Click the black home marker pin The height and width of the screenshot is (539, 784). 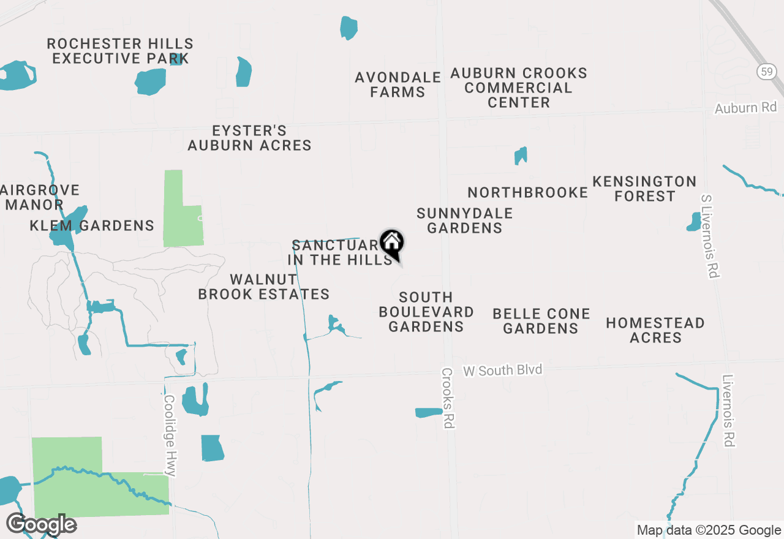[x=392, y=244]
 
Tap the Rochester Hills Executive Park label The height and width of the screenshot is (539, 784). [x=120, y=51]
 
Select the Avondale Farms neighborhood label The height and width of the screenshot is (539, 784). [x=398, y=85]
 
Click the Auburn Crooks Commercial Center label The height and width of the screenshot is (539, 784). [x=519, y=88]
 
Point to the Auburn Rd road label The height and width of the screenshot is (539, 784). [x=745, y=108]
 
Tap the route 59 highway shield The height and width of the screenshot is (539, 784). [x=766, y=72]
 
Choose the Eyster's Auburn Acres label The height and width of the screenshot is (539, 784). [x=249, y=138]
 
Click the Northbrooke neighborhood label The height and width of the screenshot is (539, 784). [x=528, y=192]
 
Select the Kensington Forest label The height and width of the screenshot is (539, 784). [x=644, y=189]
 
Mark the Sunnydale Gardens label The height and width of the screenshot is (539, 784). [x=465, y=221]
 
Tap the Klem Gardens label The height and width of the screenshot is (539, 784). [x=92, y=225]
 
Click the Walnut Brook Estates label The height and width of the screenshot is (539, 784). [x=263, y=287]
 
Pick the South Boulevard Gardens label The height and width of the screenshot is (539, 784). [x=426, y=312]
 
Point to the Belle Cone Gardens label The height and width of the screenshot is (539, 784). [x=541, y=321]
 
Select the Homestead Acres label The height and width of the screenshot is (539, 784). [x=655, y=330]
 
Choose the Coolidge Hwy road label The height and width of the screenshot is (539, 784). [x=170, y=435]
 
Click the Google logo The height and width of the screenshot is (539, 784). [x=42, y=524]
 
